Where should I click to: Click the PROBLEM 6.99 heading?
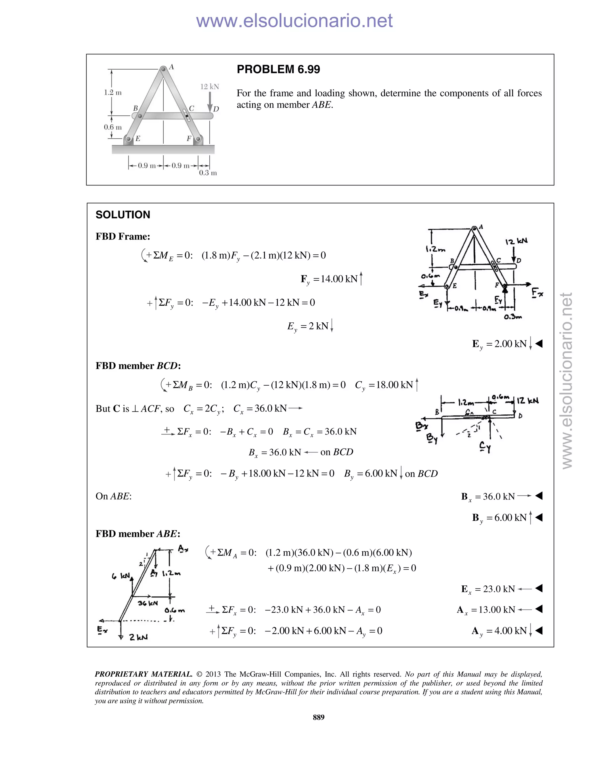coord(278,69)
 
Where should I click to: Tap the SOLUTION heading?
coord(123,215)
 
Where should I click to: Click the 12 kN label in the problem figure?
coord(209,87)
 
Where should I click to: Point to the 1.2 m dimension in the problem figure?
coord(113,93)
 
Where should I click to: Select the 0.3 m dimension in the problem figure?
coord(208,173)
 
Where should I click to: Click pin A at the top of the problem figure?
coord(163,69)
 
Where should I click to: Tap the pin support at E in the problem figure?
coord(128,139)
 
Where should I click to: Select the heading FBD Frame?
coord(123,237)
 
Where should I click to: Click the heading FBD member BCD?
coord(138,366)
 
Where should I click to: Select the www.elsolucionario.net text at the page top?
coord(294,21)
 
